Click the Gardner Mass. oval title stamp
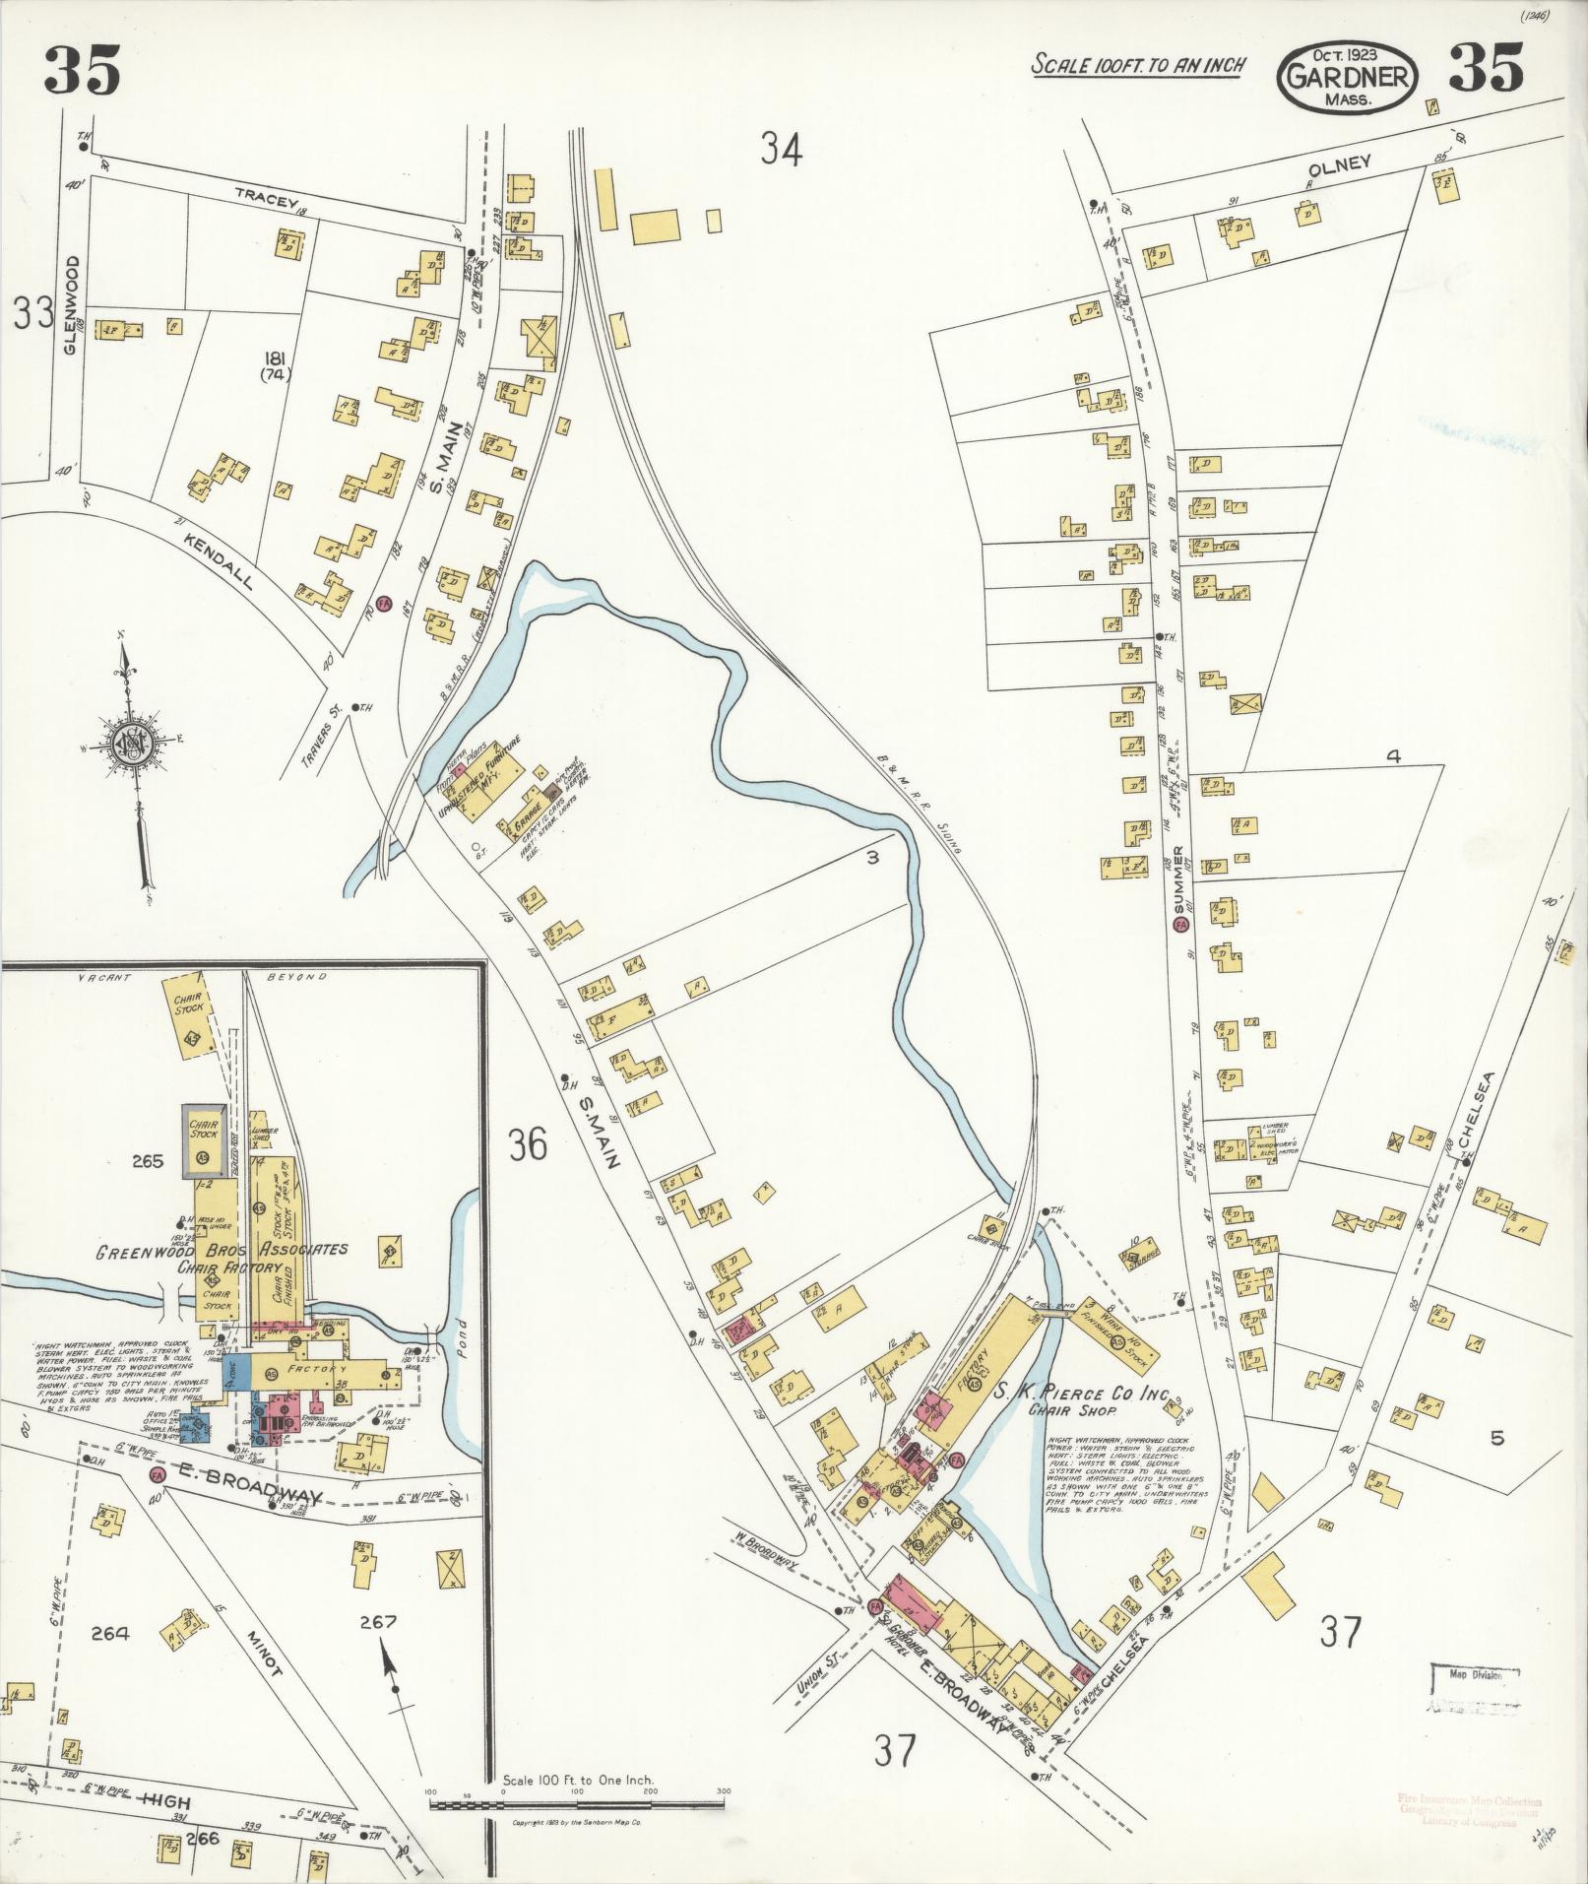[x=1348, y=79]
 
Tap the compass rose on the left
[x=128, y=741]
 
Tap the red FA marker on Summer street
[x=1180, y=925]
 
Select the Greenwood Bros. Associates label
[x=222, y=1251]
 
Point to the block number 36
[x=528, y=1145]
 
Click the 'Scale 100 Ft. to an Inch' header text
[x=1138, y=66]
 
